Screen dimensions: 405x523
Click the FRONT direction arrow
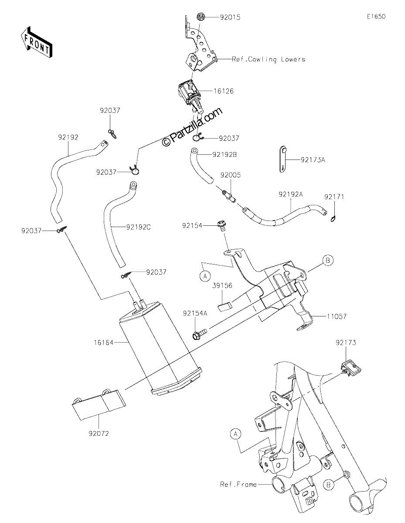pyautogui.click(x=36, y=43)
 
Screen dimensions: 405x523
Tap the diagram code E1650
pyautogui.click(x=376, y=17)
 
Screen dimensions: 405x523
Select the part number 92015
pyautogui.click(x=230, y=17)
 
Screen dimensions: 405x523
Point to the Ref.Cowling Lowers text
pyautogui.click(x=268, y=59)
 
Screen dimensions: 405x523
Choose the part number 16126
pyautogui.click(x=224, y=91)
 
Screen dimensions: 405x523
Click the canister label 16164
pyautogui.click(x=103, y=342)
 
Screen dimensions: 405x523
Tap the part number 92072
pyautogui.click(x=99, y=434)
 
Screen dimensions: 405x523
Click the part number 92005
pyautogui.click(x=231, y=175)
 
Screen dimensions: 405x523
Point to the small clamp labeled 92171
pyautogui.click(x=333, y=219)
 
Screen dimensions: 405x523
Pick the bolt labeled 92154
pyautogui.click(x=221, y=226)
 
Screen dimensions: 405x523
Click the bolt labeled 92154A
pyautogui.click(x=199, y=334)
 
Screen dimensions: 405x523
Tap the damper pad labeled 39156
pyautogui.click(x=226, y=307)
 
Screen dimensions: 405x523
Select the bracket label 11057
pyautogui.click(x=337, y=316)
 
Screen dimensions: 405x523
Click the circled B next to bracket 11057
pyautogui.click(x=328, y=261)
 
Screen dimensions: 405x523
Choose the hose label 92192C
pyautogui.click(x=139, y=227)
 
